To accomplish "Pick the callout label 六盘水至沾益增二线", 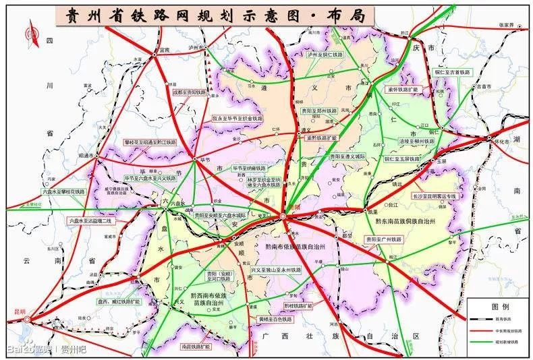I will (92, 220).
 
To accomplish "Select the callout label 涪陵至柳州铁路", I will (403, 141).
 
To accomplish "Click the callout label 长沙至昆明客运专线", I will (434, 196).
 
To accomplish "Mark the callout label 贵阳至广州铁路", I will (383, 239).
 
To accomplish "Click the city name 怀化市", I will (500, 143).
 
